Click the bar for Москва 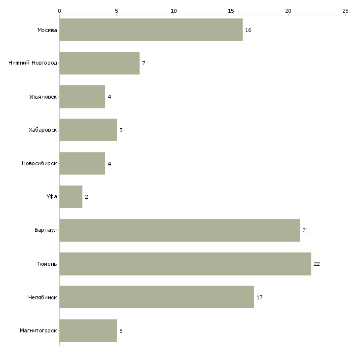[151, 30]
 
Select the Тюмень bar [185, 264]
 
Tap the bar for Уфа [71, 197]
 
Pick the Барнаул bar [180, 230]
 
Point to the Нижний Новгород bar [100, 63]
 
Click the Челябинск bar [157, 297]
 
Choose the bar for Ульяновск [82, 97]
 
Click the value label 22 [317, 264]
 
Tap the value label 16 [248, 30]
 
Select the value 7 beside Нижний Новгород [144, 63]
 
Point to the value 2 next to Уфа [87, 197]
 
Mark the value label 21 [305, 230]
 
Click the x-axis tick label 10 [174, 11]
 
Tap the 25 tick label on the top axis [345, 11]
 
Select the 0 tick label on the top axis [60, 11]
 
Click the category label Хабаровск [43, 130]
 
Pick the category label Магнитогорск [38, 330]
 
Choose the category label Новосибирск [39, 163]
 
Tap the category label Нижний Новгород [33, 63]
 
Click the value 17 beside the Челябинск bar [259, 297]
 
